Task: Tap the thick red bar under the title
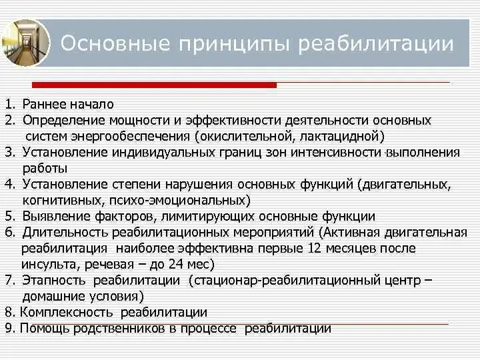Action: pos(153,85)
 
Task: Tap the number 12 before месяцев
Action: pos(316,249)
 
